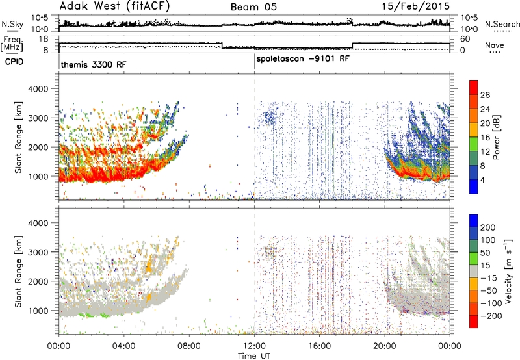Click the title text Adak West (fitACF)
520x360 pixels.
(115, 6)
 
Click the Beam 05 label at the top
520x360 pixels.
(253, 7)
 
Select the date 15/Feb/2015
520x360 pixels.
(416, 6)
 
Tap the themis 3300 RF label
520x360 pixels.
(94, 64)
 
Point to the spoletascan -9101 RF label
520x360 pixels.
(303, 59)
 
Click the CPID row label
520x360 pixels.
(14, 62)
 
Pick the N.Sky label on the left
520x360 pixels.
(12, 24)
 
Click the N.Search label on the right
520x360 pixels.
(502, 24)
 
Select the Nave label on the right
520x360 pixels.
(495, 45)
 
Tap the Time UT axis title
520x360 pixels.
(254, 355)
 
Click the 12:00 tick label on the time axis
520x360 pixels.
(254, 346)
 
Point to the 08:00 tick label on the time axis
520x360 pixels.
(189, 346)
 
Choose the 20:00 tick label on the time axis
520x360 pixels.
(385, 346)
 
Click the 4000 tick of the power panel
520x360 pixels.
(38, 89)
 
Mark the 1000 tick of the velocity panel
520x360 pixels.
(38, 311)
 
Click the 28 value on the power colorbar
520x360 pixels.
(485, 95)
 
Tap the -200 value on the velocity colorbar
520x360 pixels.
(491, 316)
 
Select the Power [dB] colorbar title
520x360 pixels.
(496, 137)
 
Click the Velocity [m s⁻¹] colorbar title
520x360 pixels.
(508, 271)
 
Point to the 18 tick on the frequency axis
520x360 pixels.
(44, 39)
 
